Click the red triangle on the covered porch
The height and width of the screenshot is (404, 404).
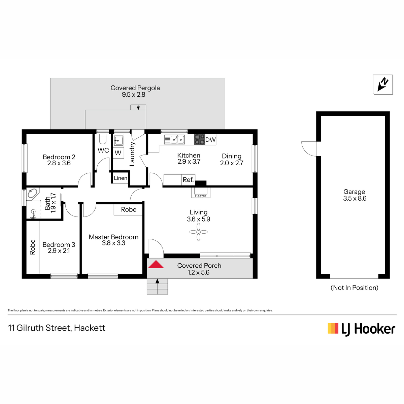pos(156,264)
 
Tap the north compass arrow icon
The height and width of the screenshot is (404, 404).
pos(382,85)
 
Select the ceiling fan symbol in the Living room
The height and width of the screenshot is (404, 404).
pos(198,232)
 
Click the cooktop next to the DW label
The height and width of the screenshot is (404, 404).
pos(199,139)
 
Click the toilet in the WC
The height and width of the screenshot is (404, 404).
pos(103,139)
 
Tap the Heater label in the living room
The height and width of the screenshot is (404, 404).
pos(200,196)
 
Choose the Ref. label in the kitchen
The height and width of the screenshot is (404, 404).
pos(188,180)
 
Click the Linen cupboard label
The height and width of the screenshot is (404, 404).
pos(120,178)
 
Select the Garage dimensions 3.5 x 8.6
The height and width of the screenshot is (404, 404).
pos(355,198)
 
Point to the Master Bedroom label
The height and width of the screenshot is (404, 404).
pos(113,237)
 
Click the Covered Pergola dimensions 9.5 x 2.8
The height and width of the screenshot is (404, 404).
pos(134,95)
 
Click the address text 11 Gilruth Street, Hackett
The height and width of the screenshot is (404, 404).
pos(57,328)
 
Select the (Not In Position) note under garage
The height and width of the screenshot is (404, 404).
pos(354,288)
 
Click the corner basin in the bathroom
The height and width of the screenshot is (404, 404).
pos(33,193)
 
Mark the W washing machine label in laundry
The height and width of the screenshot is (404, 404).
pos(118,153)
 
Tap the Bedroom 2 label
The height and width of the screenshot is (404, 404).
pos(59,157)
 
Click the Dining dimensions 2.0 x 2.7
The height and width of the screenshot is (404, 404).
pos(231,163)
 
